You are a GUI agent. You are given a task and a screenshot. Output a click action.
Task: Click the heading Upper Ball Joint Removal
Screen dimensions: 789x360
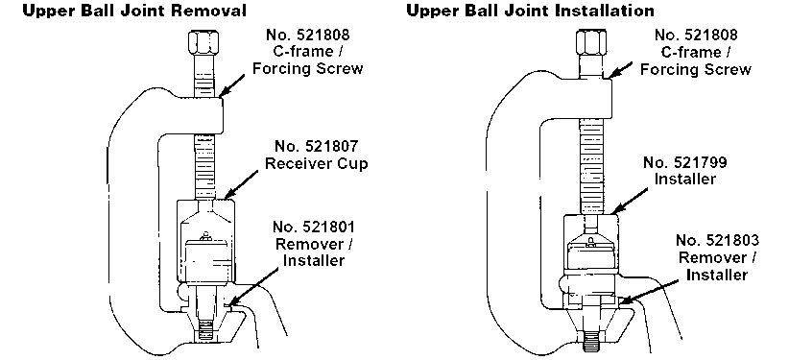click(134, 10)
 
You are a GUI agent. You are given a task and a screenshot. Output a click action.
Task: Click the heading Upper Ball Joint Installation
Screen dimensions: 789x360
click(531, 10)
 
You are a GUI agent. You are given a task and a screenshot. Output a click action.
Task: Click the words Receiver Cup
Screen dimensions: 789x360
click(317, 164)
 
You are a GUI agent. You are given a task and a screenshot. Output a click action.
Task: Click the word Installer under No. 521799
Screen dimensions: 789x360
click(684, 180)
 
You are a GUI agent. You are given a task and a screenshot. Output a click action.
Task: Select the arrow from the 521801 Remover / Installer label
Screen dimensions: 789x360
click(252, 286)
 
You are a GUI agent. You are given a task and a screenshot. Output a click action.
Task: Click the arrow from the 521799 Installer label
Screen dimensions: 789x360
click(630, 201)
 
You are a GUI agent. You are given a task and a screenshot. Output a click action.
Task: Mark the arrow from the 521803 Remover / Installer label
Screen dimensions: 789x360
click(647, 291)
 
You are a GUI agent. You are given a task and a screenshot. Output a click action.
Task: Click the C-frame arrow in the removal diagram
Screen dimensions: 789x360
click(232, 85)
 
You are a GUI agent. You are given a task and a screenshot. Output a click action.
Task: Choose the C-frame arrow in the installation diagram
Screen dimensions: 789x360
click(620, 70)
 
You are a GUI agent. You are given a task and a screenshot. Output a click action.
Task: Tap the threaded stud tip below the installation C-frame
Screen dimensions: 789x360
click(591, 344)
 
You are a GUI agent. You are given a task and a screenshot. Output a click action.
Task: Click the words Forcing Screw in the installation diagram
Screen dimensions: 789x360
click(695, 69)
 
